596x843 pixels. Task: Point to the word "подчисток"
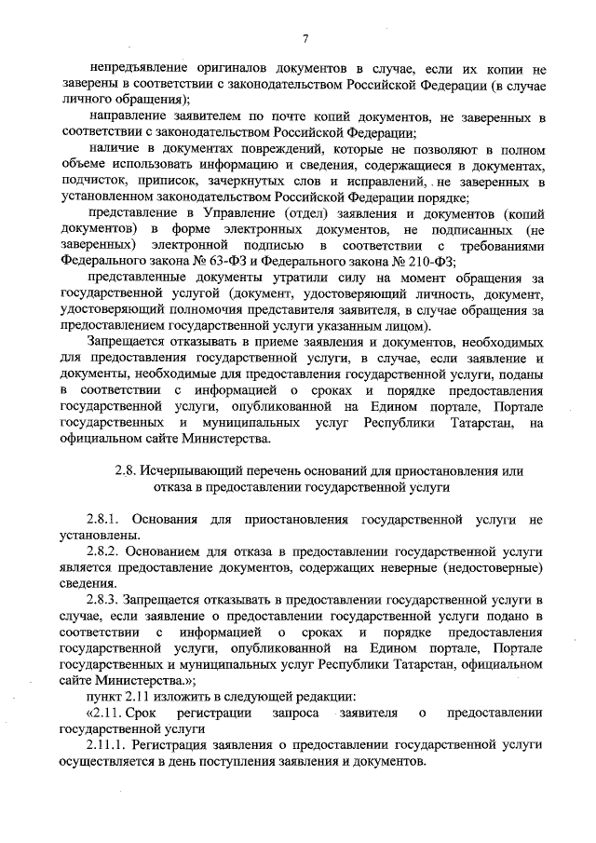point(92,181)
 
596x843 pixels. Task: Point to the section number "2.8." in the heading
point(125,471)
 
